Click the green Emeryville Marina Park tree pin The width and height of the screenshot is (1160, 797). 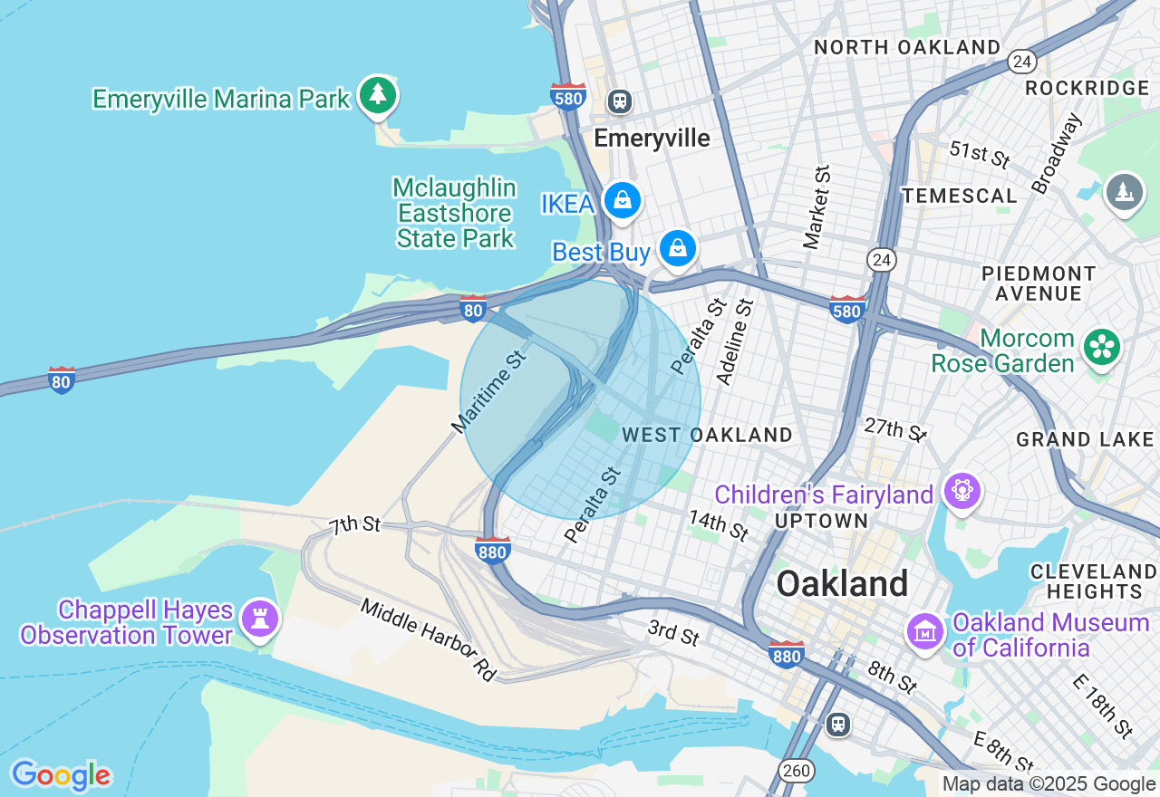pyautogui.click(x=378, y=94)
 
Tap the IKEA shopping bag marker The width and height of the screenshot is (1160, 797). pyautogui.click(x=623, y=201)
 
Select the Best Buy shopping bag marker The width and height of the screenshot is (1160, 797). pyautogui.click(x=678, y=248)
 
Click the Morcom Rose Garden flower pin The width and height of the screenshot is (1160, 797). pyautogui.click(x=1102, y=347)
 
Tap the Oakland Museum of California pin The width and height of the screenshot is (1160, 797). pyautogui.click(x=925, y=630)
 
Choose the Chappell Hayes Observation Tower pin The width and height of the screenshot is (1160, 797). pyautogui.click(x=260, y=619)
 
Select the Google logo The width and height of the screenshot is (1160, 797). pyautogui.click(x=61, y=775)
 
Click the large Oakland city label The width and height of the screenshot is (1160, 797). pyautogui.click(x=842, y=584)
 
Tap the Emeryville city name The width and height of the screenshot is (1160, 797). pyautogui.click(x=652, y=138)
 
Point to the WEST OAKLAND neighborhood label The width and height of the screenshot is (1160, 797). pyautogui.click(x=707, y=435)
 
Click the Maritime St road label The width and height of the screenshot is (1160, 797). pyautogui.click(x=489, y=390)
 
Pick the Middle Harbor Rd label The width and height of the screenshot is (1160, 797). pyautogui.click(x=429, y=639)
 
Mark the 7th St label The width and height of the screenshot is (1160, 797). pyautogui.click(x=354, y=524)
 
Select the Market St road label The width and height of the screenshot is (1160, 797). pyautogui.click(x=817, y=207)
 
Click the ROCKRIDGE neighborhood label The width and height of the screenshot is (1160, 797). pyautogui.click(x=1087, y=88)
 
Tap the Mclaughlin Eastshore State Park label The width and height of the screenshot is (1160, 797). pyautogui.click(x=456, y=214)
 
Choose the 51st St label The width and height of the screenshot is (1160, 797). pyautogui.click(x=979, y=153)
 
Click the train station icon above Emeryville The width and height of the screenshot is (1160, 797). pyautogui.click(x=621, y=101)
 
